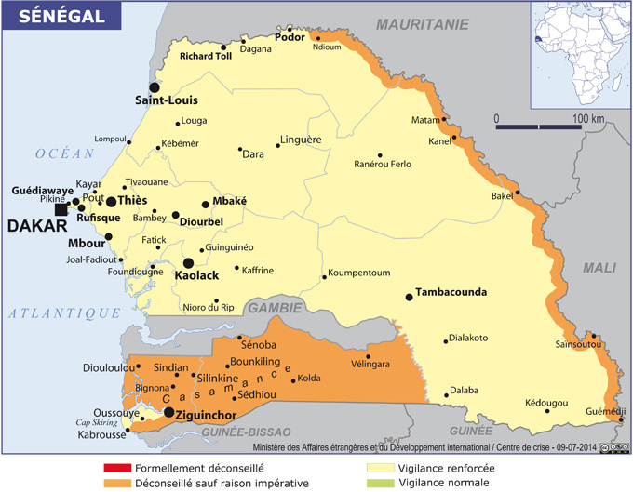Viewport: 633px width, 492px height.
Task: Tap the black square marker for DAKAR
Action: [x=61, y=210]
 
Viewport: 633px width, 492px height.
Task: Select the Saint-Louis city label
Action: [x=166, y=100]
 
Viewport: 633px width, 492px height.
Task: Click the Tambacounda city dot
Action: [x=409, y=297]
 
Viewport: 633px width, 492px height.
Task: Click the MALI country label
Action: [x=599, y=268]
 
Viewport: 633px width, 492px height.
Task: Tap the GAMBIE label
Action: [x=275, y=308]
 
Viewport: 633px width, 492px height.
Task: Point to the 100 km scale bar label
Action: [x=588, y=118]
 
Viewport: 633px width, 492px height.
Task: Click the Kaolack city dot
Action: [x=188, y=263]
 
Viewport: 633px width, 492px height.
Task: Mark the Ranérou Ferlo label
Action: [x=383, y=165]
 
